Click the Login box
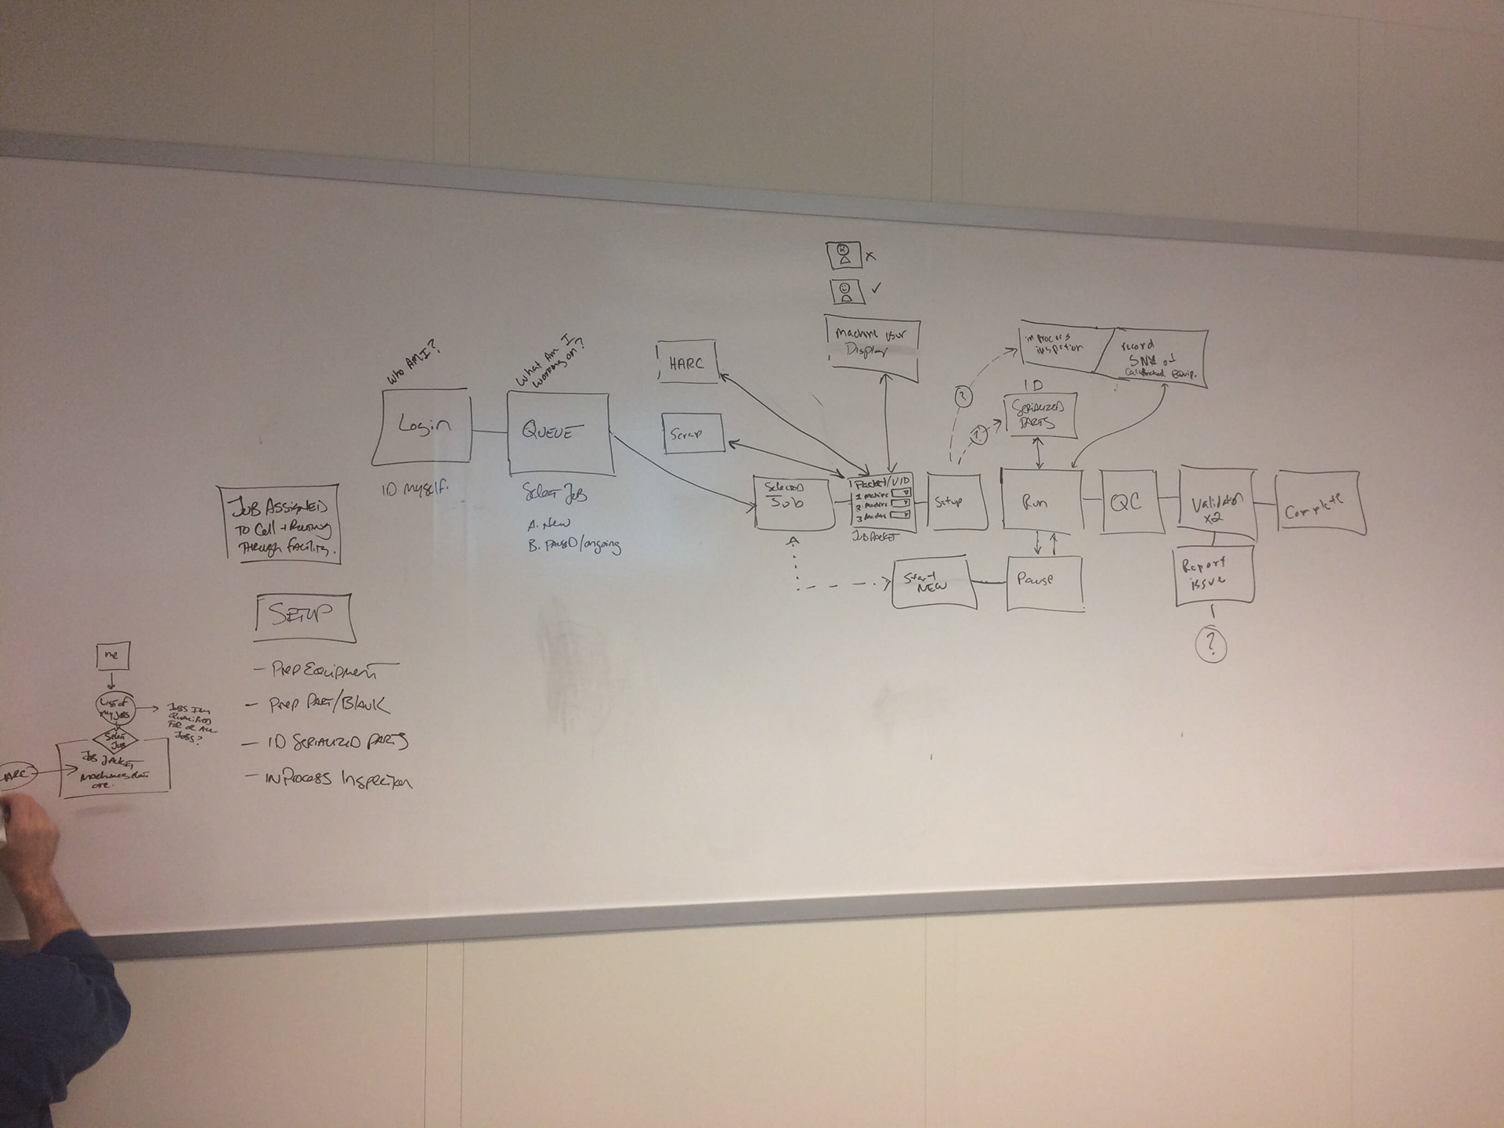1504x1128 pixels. click(422, 425)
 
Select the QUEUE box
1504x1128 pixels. click(558, 432)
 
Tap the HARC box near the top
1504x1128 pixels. click(687, 363)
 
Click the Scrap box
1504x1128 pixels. click(692, 433)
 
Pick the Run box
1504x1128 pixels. click(1041, 501)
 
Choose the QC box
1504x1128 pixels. click(1127, 502)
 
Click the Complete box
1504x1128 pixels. click(1320, 502)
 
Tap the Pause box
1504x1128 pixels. click(1044, 582)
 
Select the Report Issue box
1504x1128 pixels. click(1213, 575)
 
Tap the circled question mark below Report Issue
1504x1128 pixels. click(1211, 644)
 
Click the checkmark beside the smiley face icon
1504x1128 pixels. click(876, 288)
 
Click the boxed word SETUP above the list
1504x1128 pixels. click(303, 615)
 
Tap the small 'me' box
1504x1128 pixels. click(112, 655)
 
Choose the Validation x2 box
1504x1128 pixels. click(1217, 504)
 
